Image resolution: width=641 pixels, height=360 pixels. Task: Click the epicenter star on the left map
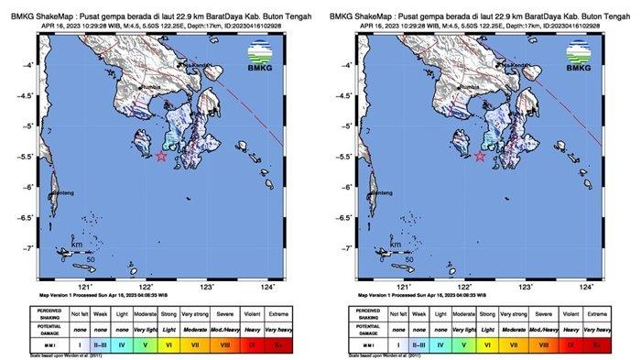161,156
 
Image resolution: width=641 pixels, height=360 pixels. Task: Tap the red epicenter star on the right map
480,156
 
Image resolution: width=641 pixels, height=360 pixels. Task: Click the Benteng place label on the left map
62,193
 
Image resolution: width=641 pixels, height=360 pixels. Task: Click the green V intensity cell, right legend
462,345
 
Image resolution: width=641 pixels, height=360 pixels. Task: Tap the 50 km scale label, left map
91,260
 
